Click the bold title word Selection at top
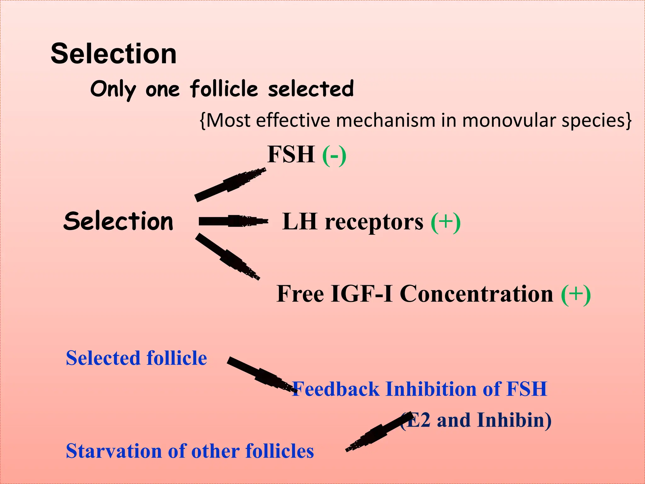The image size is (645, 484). [113, 54]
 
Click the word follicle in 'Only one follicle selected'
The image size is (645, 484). [224, 89]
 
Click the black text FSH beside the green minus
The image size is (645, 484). [291, 154]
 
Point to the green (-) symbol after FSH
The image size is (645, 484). [334, 155]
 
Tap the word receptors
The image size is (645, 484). [374, 222]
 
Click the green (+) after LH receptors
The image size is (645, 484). [446, 222]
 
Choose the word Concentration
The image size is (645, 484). [476, 294]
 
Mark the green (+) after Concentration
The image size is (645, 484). [576, 294]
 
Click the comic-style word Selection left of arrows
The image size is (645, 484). [118, 221]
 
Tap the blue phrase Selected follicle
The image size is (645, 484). [136, 358]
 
